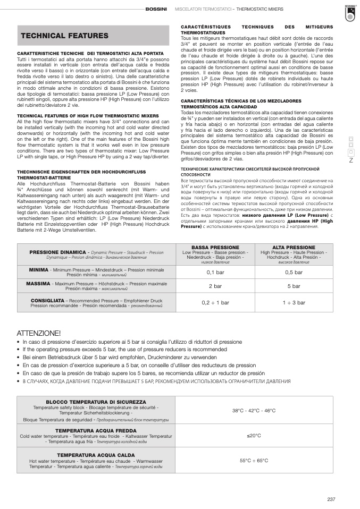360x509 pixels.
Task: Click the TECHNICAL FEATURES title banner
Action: tap(64, 36)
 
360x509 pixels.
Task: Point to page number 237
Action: tap(331, 498)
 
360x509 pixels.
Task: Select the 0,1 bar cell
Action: tap(215, 272)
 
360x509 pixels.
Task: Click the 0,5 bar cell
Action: tap(294, 272)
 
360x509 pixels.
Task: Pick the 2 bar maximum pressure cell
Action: tap(215, 286)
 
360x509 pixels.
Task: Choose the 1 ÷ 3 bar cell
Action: tap(294, 302)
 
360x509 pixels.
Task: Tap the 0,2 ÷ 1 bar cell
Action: tap(215, 302)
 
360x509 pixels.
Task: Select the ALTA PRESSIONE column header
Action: tap(294, 248)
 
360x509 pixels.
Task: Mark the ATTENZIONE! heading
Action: tap(39, 333)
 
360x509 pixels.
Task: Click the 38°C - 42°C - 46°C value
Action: tap(254, 411)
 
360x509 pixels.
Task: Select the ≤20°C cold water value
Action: tap(254, 436)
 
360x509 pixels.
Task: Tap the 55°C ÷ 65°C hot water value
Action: tap(254, 461)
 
